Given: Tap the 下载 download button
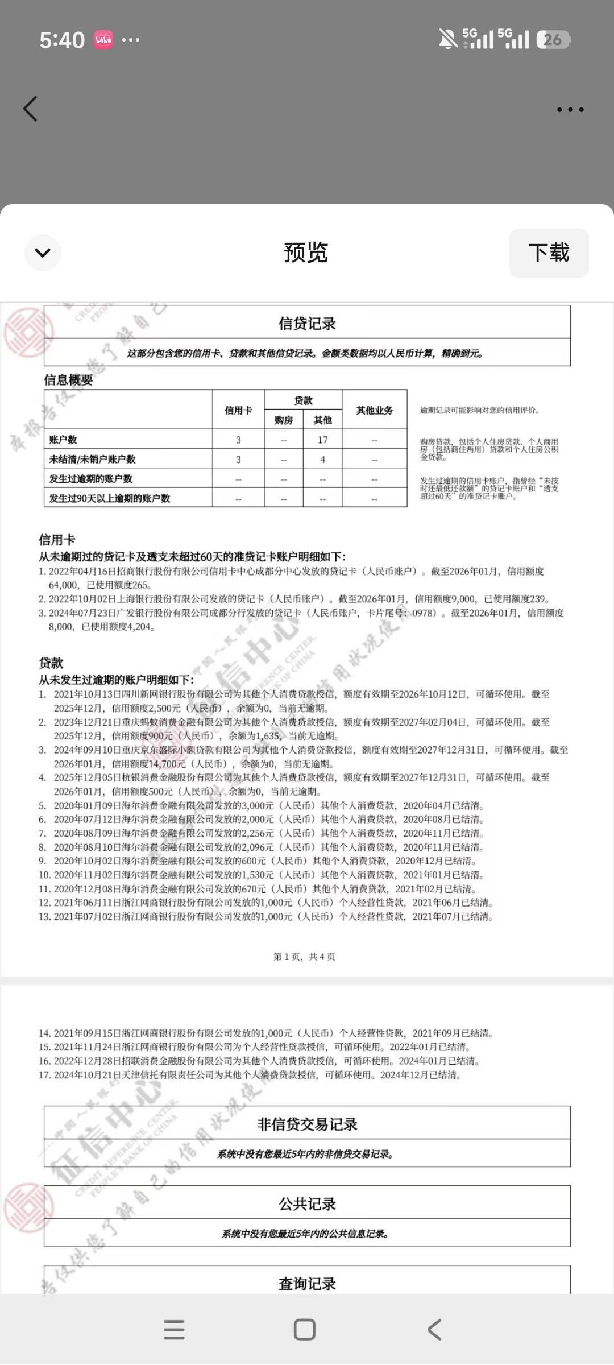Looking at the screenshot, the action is click(x=549, y=253).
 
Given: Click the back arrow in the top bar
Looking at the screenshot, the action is click(x=31, y=109).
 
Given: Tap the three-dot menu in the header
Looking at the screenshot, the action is click(x=570, y=110).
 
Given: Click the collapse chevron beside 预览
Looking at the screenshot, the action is click(x=43, y=253).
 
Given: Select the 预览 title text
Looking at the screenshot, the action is click(x=306, y=253).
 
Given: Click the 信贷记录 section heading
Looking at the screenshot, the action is click(x=307, y=324).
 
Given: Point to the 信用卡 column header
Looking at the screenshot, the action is click(x=238, y=410).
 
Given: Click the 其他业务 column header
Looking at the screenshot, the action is click(x=374, y=410).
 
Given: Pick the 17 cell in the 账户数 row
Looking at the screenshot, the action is click(x=322, y=440).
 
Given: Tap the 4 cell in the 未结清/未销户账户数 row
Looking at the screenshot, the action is click(x=322, y=459).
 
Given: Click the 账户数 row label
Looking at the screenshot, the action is click(x=63, y=440).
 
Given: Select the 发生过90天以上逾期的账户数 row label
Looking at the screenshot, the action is click(x=110, y=498).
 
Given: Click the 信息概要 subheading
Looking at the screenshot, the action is click(x=68, y=380).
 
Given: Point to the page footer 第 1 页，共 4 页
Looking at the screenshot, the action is click(x=304, y=957).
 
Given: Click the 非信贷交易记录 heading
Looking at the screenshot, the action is click(x=307, y=1124).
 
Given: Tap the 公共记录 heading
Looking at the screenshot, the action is click(x=307, y=1204).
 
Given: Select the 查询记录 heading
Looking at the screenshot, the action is click(x=307, y=1284).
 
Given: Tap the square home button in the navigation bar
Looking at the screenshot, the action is click(x=304, y=1330).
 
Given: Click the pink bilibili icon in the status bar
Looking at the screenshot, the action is click(x=103, y=40).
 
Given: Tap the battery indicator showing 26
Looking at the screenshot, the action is click(x=553, y=40).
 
